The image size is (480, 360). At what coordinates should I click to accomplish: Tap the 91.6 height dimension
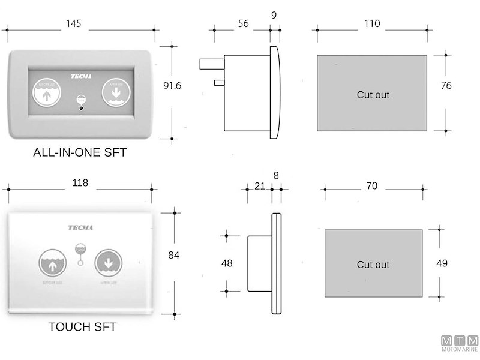[x=172, y=85]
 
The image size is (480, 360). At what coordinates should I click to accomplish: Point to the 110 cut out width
[x=371, y=24]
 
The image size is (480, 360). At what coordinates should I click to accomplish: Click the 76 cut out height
[x=446, y=86]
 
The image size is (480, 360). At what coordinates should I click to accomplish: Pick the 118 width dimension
[x=80, y=183]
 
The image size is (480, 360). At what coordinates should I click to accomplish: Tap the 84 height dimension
[x=174, y=255]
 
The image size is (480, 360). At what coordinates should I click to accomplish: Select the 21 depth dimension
[x=259, y=186]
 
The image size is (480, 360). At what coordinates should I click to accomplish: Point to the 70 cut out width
[x=371, y=186]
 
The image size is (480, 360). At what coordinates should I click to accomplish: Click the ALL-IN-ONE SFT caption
[x=80, y=152]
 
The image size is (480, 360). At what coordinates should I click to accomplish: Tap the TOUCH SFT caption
[x=82, y=327]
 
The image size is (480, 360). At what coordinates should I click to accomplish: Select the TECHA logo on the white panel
[x=80, y=228]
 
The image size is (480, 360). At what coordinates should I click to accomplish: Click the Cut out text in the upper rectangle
[x=373, y=95]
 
